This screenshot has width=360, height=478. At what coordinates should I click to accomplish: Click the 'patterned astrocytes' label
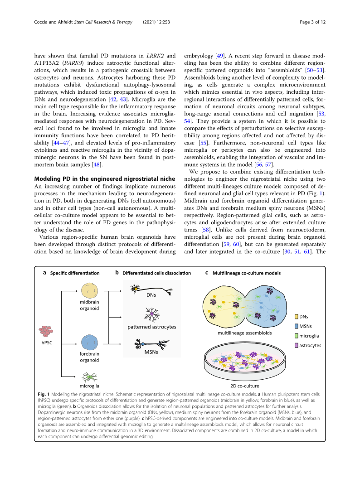pyautogui.click(x=152, y=326)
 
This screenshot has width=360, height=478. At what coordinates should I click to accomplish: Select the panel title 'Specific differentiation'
pyautogui.click(x=74, y=273)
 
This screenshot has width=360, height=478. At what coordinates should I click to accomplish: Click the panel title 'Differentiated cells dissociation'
pyautogui.click(x=156, y=273)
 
